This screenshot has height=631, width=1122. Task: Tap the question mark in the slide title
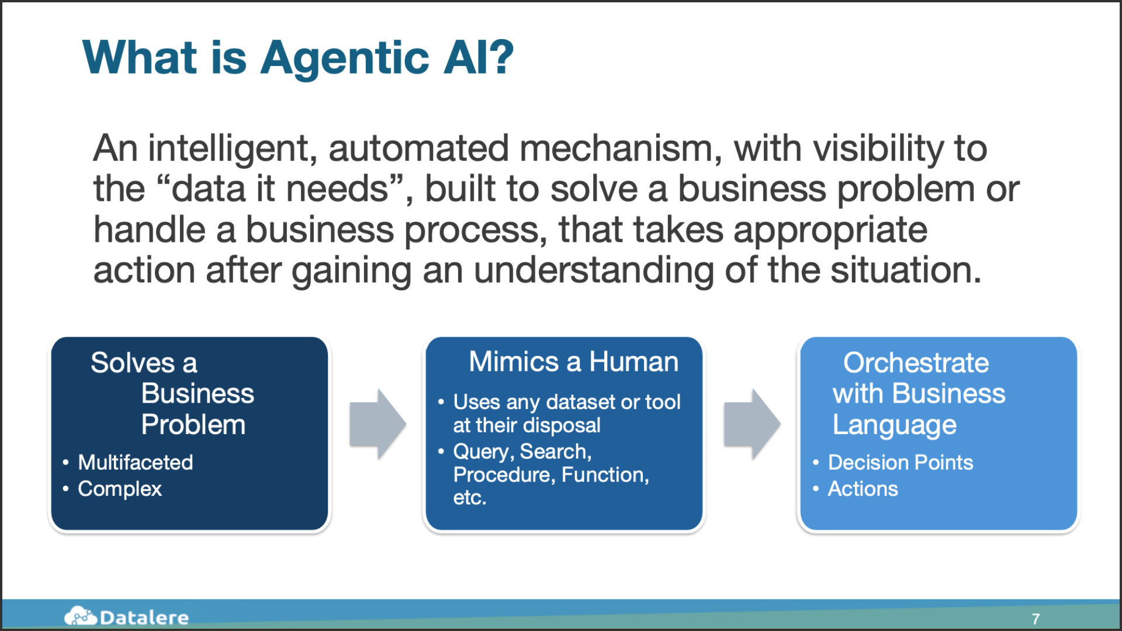[501, 57]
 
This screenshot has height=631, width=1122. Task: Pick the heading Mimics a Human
[573, 362]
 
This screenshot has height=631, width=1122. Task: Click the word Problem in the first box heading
[193, 425]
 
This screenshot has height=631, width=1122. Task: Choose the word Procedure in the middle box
[504, 475]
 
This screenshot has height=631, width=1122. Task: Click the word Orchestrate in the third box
[916, 363]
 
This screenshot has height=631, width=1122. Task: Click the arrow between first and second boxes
[378, 424]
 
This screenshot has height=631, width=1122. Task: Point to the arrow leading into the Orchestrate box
[752, 424]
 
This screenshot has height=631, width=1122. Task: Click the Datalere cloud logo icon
[80, 616]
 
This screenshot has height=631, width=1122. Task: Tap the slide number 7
[1036, 619]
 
